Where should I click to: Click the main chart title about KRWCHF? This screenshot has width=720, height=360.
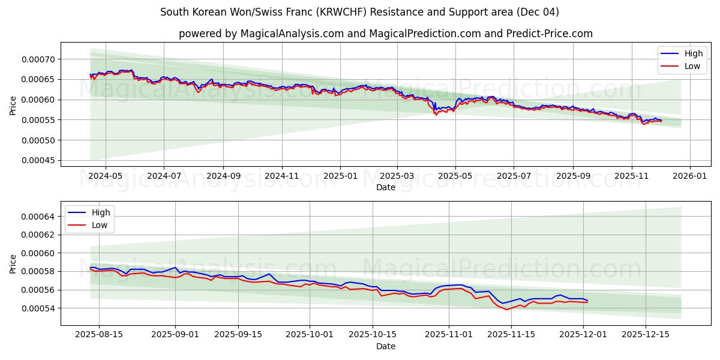[359, 12]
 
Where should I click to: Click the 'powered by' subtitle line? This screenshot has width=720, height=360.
[385, 34]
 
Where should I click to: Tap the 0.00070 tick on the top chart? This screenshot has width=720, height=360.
[38, 59]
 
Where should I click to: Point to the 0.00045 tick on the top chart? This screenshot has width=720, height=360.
[38, 161]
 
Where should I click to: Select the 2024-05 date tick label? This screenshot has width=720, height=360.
[106, 176]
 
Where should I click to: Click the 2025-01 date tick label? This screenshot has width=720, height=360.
[340, 176]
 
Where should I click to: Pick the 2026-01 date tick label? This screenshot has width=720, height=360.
[689, 176]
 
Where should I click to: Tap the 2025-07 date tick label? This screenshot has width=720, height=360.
[514, 176]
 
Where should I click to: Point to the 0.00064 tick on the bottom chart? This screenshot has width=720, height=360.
[38, 217]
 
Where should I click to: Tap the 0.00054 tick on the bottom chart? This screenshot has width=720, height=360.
[38, 308]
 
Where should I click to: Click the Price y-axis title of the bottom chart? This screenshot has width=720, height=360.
[13, 263]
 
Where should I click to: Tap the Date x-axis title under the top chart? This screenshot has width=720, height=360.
[385, 187]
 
